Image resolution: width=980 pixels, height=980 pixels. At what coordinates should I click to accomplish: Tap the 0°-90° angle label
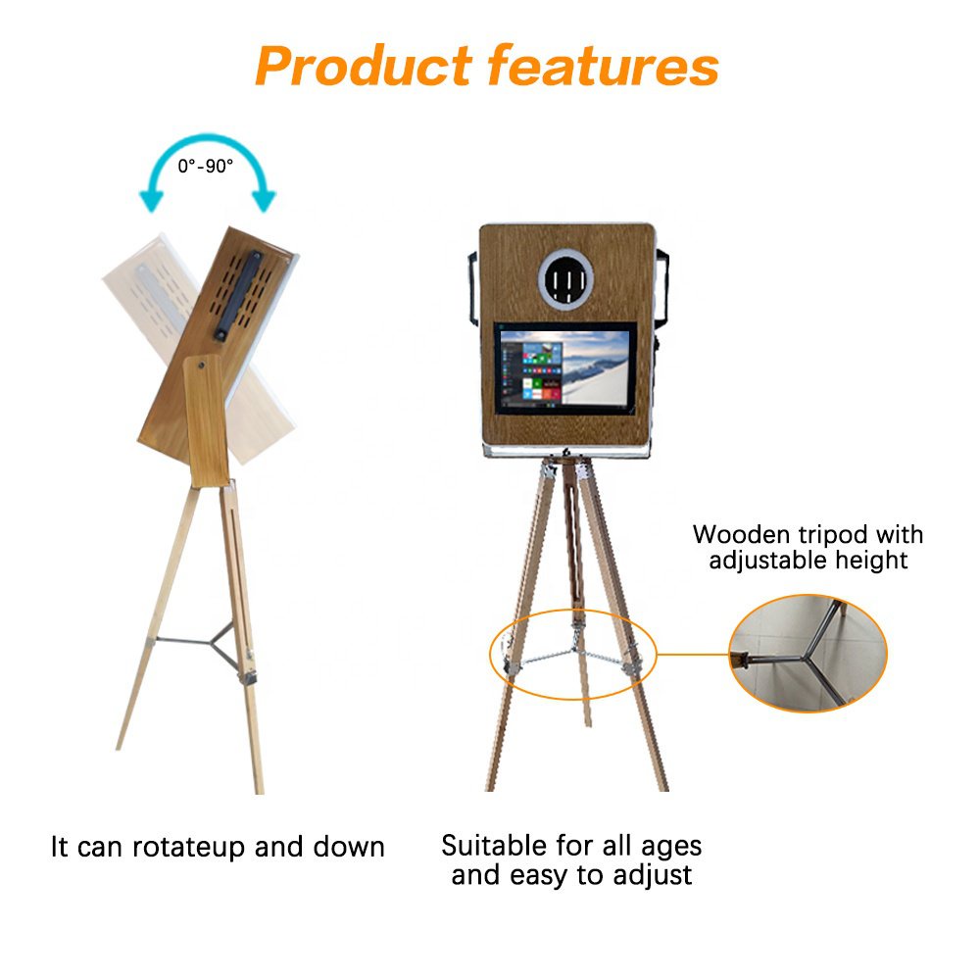click(x=206, y=167)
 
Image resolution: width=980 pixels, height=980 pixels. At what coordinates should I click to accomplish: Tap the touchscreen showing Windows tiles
click(x=564, y=369)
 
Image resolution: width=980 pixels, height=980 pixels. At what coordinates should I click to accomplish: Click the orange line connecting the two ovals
click(x=693, y=653)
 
